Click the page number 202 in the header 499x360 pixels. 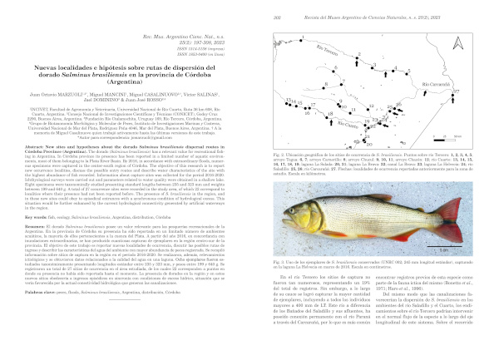pos(274,6)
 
